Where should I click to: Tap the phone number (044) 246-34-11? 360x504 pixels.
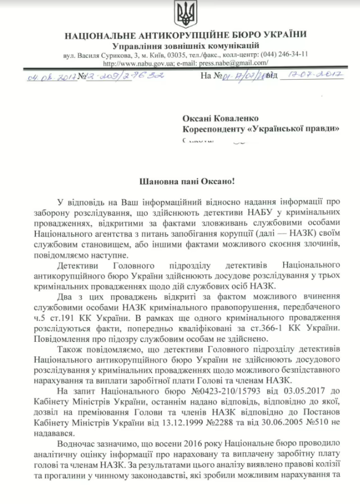coord(285,54)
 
